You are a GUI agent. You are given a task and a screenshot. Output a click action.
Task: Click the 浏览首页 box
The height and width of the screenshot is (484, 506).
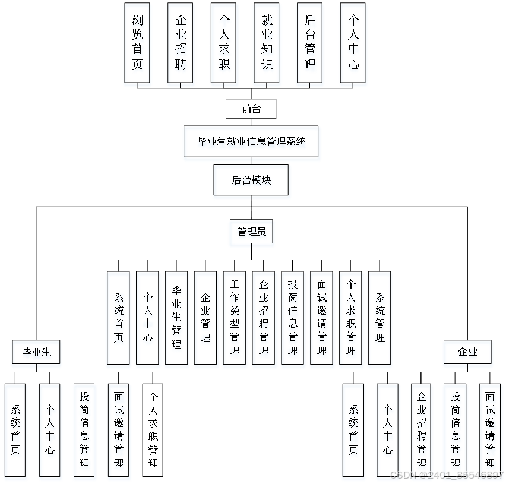pos(137,42)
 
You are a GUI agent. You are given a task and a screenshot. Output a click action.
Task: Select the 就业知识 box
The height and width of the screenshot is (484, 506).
pos(267,42)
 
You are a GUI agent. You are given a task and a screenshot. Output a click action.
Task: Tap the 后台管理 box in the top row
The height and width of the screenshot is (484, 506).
pos(310,42)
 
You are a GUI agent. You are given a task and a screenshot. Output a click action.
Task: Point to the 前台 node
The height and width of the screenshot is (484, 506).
pos(251,109)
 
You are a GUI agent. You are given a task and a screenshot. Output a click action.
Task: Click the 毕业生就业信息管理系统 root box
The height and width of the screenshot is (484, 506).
pos(251,141)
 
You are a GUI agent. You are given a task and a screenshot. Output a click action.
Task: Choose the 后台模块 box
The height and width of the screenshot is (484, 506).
pos(251,180)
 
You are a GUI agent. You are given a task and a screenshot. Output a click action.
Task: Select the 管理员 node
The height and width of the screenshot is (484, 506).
pos(251,232)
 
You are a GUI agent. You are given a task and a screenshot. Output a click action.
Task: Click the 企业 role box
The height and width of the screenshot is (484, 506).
pos(467,352)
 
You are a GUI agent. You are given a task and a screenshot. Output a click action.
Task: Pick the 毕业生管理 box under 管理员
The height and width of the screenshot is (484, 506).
pos(176,318)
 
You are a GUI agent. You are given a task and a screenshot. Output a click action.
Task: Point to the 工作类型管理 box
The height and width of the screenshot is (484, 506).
pos(235,318)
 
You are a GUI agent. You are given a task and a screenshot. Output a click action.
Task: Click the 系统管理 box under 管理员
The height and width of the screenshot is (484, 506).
pos(379,318)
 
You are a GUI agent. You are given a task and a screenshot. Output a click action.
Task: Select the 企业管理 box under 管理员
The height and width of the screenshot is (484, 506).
pos(205,318)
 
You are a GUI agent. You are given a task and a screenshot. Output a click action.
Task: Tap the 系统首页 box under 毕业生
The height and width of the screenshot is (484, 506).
pos(15,429)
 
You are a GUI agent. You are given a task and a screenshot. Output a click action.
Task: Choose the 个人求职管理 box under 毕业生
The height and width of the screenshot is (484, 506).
pos(153,429)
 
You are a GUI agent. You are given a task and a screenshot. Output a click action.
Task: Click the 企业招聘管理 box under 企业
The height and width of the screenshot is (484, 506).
pos(422,429)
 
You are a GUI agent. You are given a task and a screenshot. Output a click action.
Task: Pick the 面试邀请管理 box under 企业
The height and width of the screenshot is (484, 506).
pos(490,429)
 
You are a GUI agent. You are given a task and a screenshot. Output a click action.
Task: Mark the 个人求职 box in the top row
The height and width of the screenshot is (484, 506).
pos(223,42)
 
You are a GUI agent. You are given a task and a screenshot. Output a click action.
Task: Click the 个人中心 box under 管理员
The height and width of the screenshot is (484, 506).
pos(147,318)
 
